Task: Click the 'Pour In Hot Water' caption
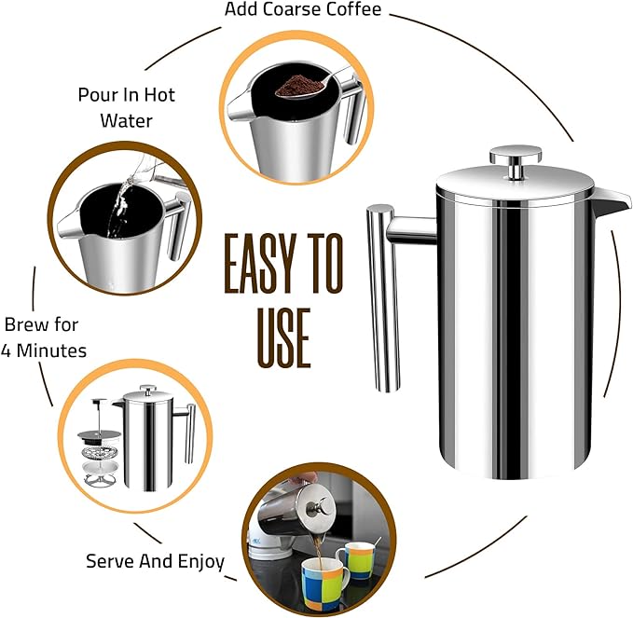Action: point(126,107)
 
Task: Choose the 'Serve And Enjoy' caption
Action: point(155,561)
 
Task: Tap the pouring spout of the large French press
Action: point(611,199)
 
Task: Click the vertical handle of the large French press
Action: point(382,298)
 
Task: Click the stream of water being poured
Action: point(116,210)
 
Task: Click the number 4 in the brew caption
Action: point(9,350)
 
